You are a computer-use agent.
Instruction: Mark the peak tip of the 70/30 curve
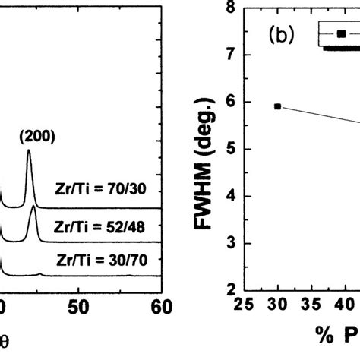point(29,151)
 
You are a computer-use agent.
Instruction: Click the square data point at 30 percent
point(277,106)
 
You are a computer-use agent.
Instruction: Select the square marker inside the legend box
point(341,33)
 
